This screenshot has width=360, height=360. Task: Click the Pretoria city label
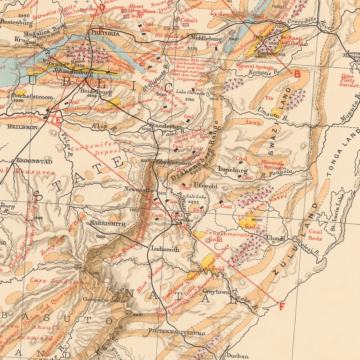click(105, 33)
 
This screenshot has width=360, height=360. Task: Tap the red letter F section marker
click(282, 306)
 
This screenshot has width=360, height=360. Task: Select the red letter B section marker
click(297, 74)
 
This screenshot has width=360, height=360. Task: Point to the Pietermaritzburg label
click(176, 331)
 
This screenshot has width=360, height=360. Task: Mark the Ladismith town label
click(165, 249)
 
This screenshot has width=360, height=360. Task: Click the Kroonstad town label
click(34, 161)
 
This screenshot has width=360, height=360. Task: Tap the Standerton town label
click(165, 126)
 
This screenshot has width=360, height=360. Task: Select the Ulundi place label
click(276, 238)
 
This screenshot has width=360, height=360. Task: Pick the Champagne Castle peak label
click(104, 300)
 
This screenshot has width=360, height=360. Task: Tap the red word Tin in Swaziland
click(269, 98)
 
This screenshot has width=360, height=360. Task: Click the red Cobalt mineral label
click(189, 20)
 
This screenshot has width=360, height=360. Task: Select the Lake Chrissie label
click(191, 93)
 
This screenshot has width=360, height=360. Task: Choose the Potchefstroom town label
click(32, 97)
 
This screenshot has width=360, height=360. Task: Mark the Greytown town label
click(216, 292)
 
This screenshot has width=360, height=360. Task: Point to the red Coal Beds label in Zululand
click(315, 235)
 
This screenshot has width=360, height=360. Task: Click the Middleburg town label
click(206, 37)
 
